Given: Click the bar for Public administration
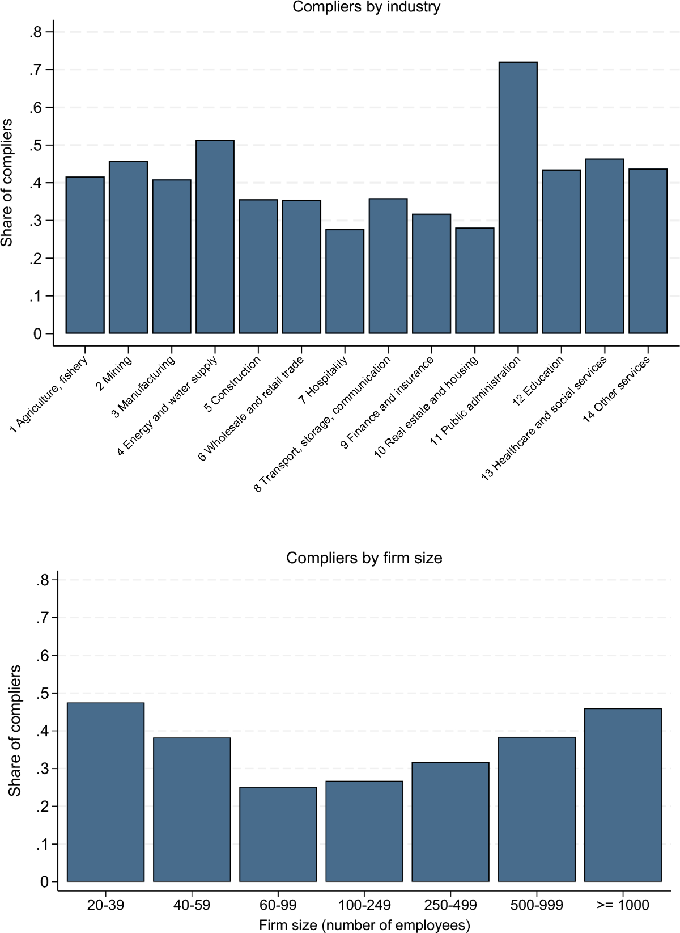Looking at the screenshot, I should point(518,198).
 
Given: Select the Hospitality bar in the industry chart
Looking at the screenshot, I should point(345,281).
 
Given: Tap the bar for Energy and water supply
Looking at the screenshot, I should point(215,237).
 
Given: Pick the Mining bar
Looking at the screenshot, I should point(128,247).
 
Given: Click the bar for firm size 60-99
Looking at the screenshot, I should point(278,834).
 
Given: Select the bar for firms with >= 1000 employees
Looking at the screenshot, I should point(623,795).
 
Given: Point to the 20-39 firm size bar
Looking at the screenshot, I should point(105,792).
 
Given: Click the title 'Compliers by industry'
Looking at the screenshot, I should point(366,7).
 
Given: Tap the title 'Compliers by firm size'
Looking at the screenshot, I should point(364,558).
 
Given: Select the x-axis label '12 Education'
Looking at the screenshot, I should point(538,381).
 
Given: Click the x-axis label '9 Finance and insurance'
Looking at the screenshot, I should point(388,403).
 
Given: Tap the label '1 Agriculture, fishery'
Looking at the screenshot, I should point(49,395).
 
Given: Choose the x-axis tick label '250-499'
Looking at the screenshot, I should point(450,905).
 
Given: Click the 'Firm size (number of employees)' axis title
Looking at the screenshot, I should point(364,925).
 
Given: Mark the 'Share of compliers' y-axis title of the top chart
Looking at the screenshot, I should point(7,183).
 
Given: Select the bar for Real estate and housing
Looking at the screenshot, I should point(474,281).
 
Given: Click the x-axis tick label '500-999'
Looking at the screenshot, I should point(536,905).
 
